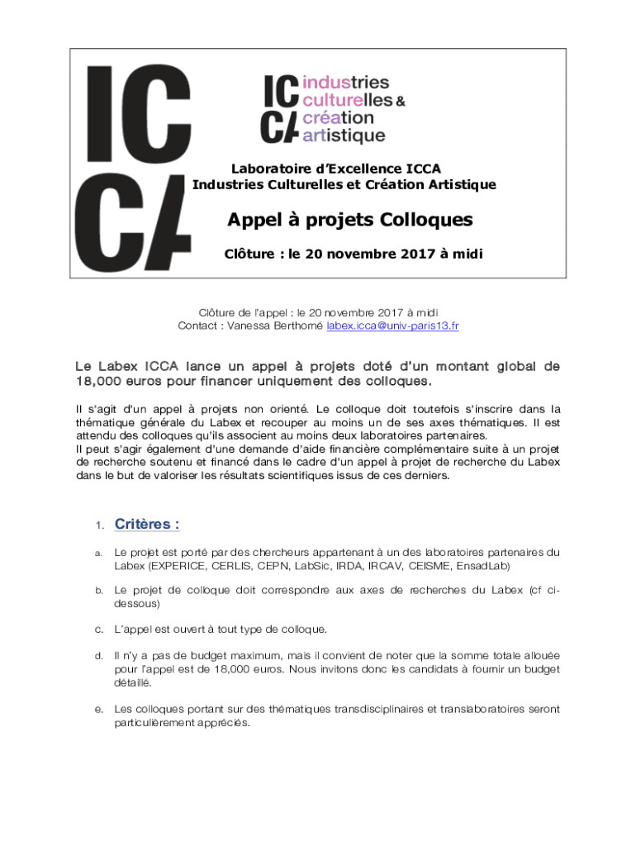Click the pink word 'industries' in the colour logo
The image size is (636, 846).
[x=347, y=83]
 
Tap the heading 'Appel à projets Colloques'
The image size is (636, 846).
[x=350, y=221]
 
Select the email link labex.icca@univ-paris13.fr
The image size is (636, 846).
[x=392, y=326]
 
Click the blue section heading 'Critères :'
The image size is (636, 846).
[x=147, y=525]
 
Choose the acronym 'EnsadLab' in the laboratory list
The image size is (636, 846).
[x=484, y=566]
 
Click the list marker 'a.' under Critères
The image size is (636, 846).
[x=98, y=553]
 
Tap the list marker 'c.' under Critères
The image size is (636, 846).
[x=98, y=630]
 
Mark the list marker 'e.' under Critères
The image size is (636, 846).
[x=98, y=710]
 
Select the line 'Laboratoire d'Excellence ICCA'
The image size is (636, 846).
[x=335, y=169]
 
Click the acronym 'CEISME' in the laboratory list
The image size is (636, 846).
[x=428, y=566]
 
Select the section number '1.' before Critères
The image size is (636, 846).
[x=98, y=526]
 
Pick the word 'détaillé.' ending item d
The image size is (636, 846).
[x=133, y=683]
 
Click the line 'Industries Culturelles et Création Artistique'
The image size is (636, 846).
[x=344, y=184]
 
